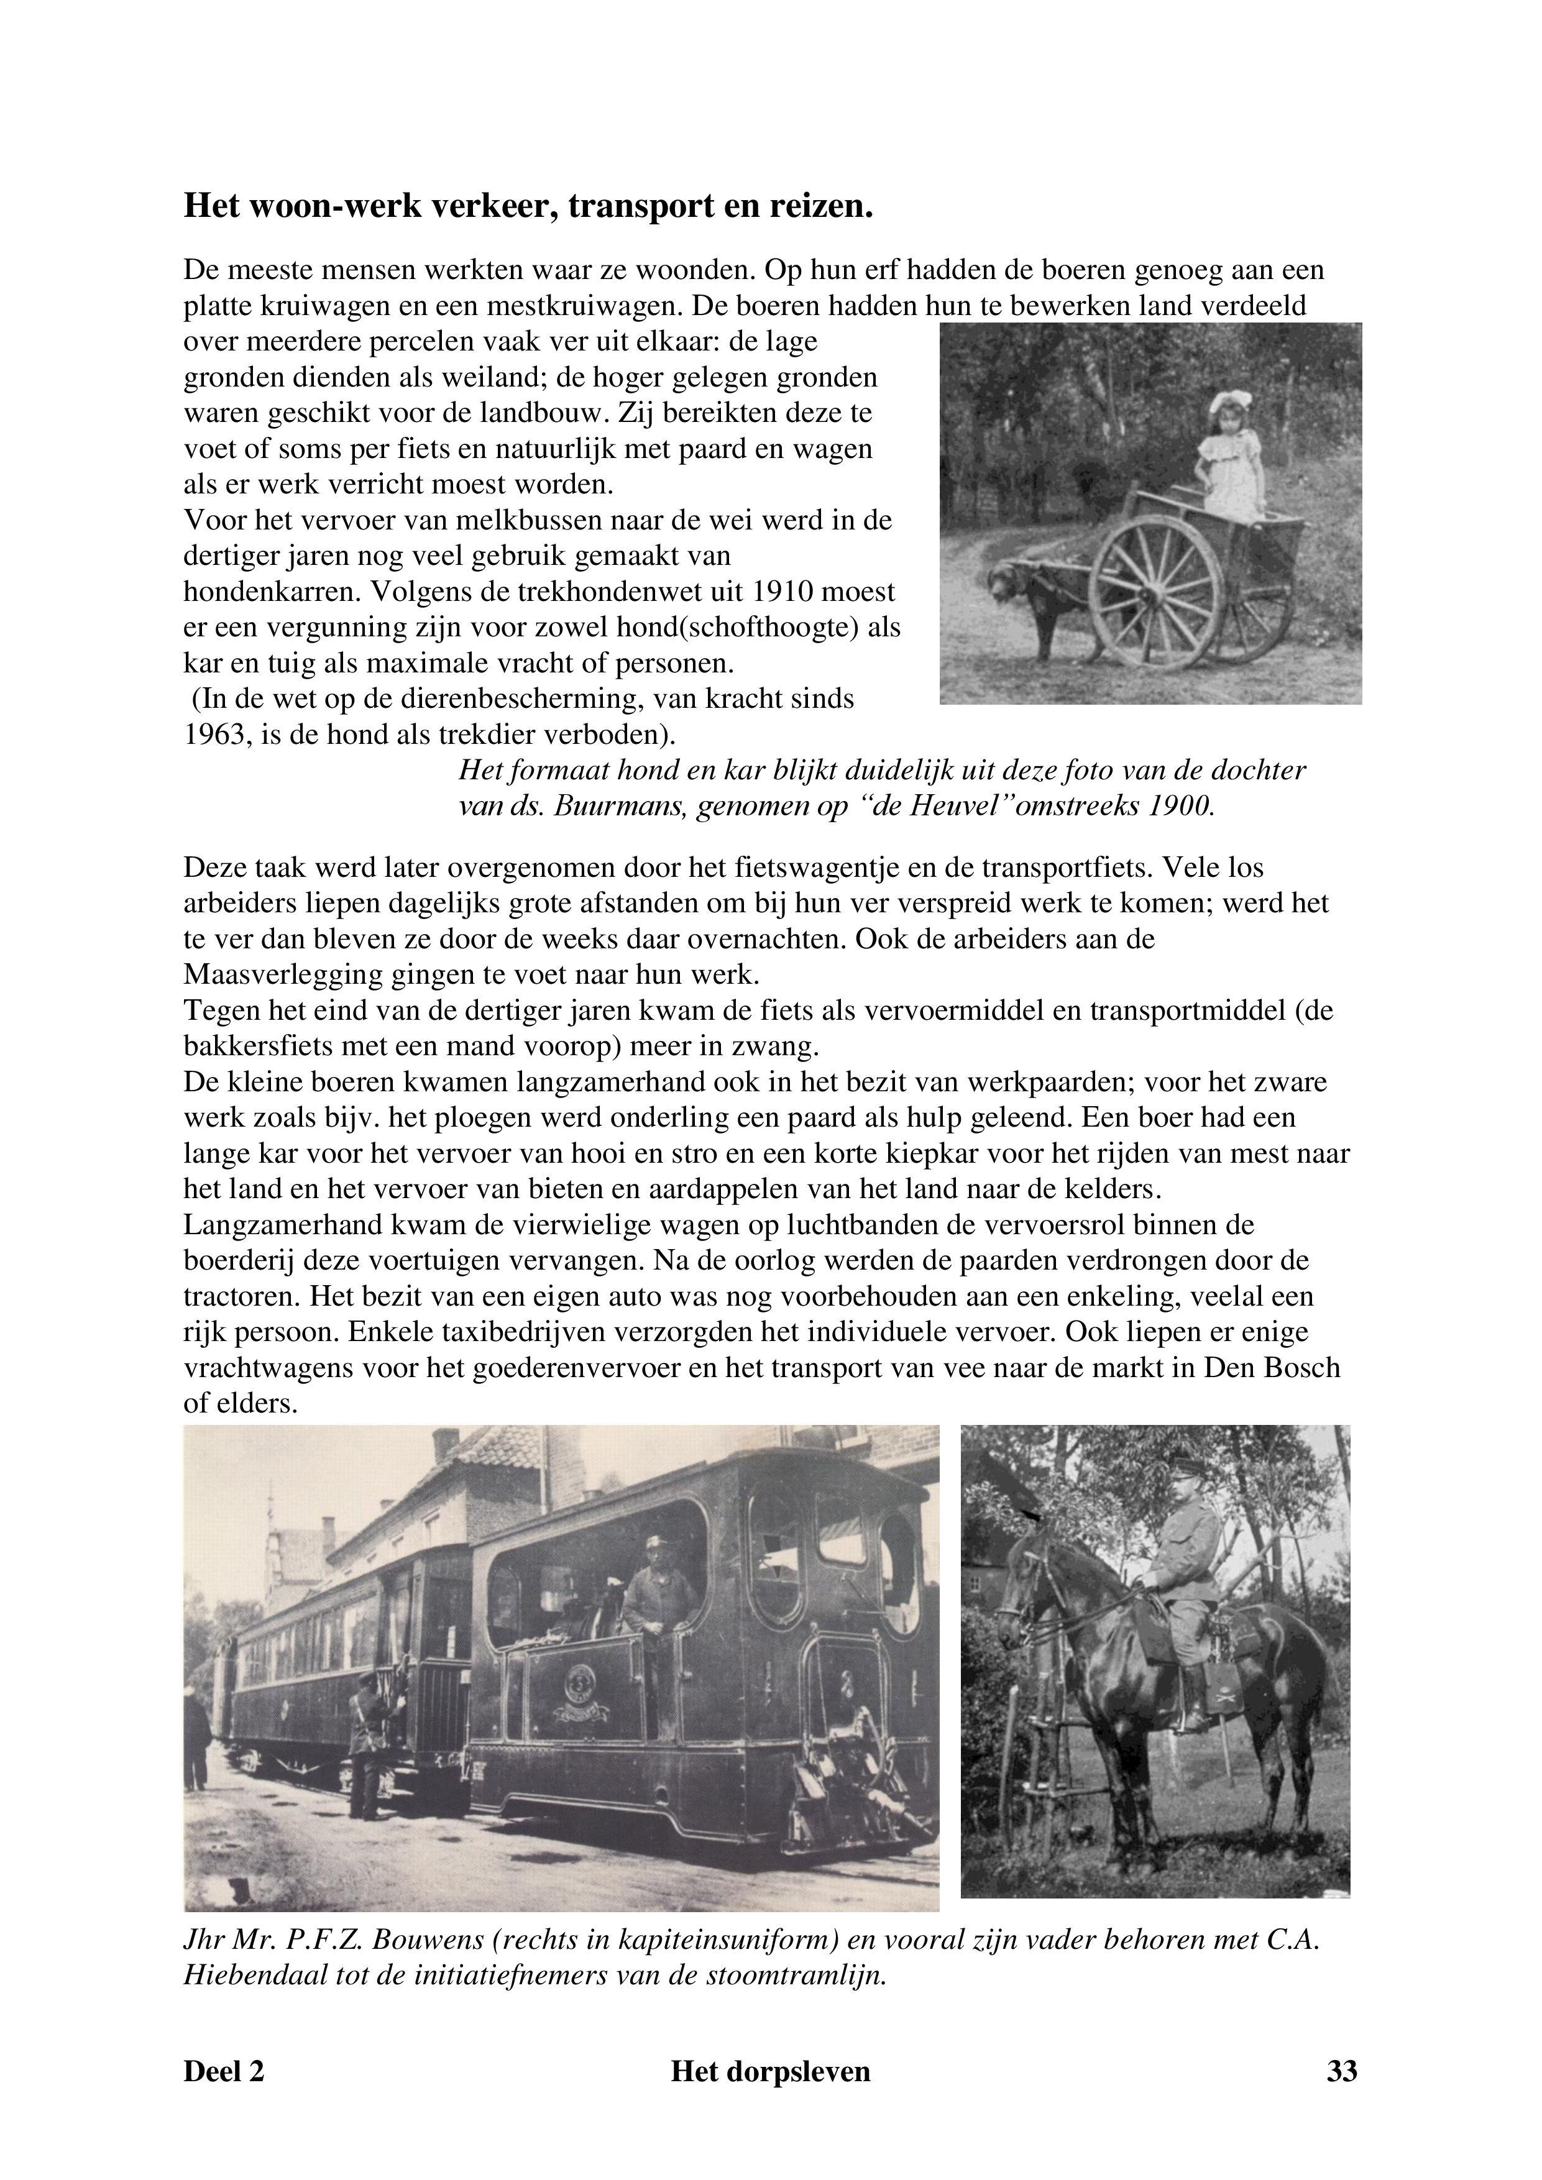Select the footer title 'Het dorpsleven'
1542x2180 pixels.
tap(770, 2071)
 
